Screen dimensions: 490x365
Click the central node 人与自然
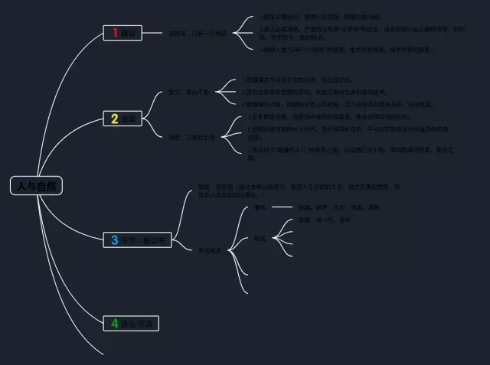(x=36, y=186)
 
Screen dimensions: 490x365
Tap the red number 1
(x=115, y=32)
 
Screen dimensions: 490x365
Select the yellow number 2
(x=114, y=119)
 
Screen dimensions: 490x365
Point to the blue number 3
(x=114, y=240)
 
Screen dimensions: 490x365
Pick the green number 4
(x=114, y=323)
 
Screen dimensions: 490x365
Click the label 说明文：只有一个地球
(x=198, y=34)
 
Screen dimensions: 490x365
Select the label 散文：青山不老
(x=188, y=92)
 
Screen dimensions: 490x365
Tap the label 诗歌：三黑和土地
(x=192, y=138)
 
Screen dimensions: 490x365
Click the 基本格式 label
(x=210, y=250)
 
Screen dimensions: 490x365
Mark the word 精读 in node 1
(x=127, y=34)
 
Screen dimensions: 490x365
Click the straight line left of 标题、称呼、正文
(x=282, y=207)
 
